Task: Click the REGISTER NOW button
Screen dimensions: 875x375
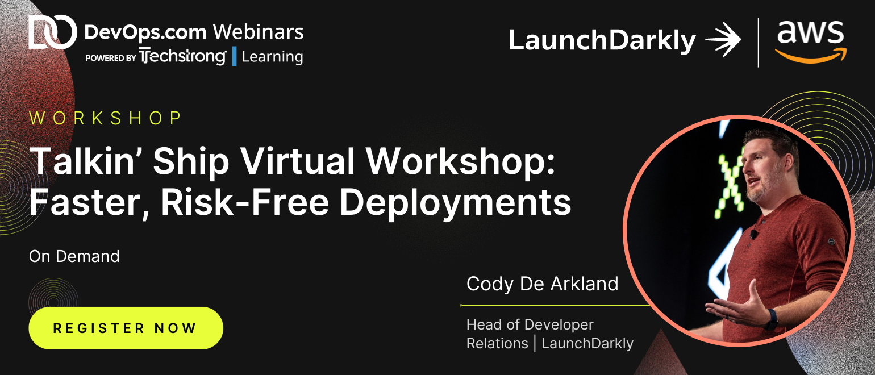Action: point(126,328)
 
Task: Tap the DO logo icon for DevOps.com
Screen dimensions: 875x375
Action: point(53,32)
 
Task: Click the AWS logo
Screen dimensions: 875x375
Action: point(811,41)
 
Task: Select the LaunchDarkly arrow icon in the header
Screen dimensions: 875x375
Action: point(723,39)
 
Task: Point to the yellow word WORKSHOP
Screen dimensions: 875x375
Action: point(106,118)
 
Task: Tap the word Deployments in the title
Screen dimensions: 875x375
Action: point(455,204)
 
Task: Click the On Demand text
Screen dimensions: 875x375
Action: point(74,257)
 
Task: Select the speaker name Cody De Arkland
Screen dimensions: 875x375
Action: point(542,284)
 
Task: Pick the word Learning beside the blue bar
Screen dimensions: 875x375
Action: point(272,57)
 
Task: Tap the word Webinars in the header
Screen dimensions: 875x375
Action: point(258,32)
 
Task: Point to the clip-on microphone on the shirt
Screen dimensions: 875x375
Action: point(753,235)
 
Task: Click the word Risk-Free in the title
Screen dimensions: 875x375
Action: point(245,203)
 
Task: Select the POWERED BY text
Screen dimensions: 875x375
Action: point(111,58)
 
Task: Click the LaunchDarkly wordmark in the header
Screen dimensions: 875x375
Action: point(602,41)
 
